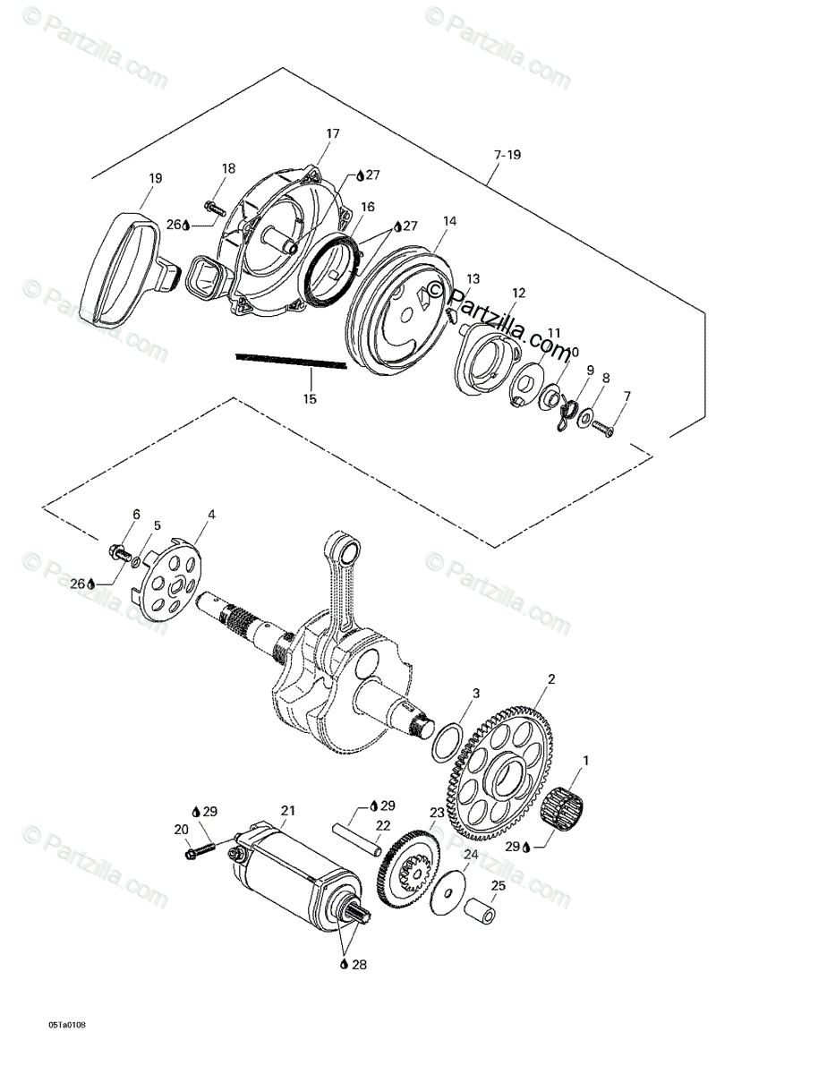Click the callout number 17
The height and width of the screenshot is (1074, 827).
point(333,134)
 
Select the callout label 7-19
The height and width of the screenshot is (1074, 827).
point(507,155)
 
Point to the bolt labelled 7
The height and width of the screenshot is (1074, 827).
point(602,428)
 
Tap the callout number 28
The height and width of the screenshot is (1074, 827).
point(357,965)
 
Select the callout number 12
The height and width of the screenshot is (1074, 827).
point(519,293)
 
